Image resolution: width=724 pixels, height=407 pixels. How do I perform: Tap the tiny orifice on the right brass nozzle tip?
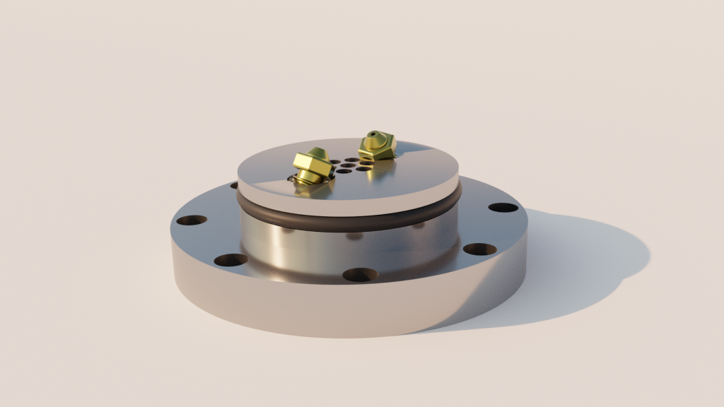click(372, 134)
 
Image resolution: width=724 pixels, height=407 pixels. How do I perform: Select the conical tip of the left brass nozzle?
click(315, 153)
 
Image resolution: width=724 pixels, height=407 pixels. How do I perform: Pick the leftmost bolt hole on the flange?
click(191, 220)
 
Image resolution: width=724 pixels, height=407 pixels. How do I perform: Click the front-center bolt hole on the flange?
click(361, 274)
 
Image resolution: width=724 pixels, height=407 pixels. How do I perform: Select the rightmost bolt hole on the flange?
click(503, 208)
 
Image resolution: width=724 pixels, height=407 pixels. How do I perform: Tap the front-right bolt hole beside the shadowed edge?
click(479, 249)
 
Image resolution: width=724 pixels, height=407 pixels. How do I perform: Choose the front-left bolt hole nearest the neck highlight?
click(231, 259)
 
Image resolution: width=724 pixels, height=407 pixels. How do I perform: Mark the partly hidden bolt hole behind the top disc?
click(234, 186)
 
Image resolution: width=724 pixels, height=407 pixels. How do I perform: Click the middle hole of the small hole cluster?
click(347, 166)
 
